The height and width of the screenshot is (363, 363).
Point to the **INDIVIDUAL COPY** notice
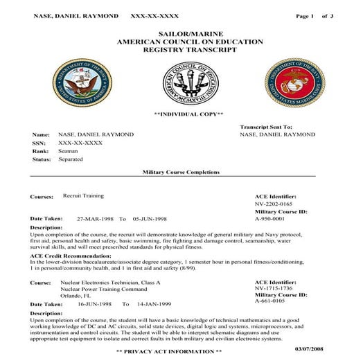click(x=188, y=114)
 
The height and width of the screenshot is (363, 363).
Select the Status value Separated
click(x=71, y=159)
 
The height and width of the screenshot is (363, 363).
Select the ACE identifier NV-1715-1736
click(x=275, y=289)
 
